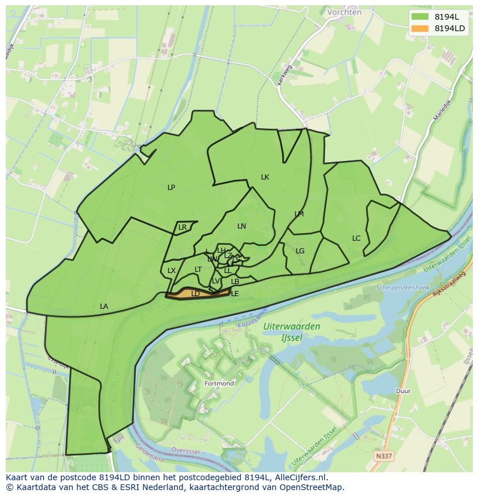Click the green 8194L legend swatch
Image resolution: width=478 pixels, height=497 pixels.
(420, 16)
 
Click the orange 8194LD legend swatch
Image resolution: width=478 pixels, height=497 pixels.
(420, 28)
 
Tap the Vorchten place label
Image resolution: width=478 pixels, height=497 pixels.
(344, 12)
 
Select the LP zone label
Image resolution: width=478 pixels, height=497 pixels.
(171, 187)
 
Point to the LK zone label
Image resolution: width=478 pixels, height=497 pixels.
(265, 177)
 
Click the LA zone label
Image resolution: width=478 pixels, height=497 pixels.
(104, 306)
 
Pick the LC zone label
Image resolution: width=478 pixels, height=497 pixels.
(356, 238)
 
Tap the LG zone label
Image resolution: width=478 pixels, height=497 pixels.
(300, 251)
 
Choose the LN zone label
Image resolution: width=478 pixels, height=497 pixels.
(241, 226)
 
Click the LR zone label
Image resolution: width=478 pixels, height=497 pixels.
(182, 227)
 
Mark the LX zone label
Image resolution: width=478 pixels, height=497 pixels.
(171, 270)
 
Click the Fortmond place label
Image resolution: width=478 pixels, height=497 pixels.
(219, 383)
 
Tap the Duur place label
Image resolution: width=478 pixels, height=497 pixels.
(403, 391)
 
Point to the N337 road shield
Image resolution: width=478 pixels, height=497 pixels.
(383, 456)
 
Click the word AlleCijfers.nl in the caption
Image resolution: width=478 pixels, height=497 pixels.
(300, 477)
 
